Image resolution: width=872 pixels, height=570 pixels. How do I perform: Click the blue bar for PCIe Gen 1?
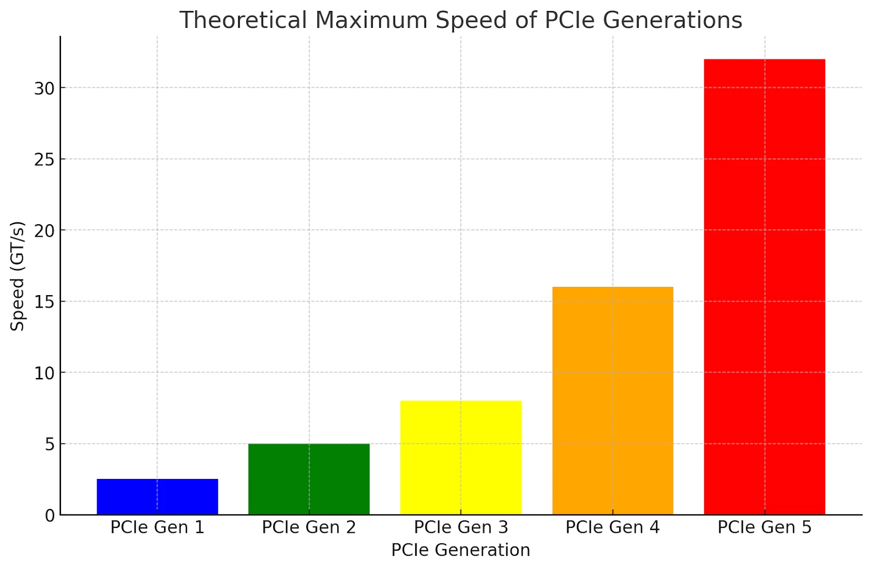pos(157,496)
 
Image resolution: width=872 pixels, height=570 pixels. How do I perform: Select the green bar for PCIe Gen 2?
pos(309,479)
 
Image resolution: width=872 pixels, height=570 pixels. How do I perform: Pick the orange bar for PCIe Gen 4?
pos(613,400)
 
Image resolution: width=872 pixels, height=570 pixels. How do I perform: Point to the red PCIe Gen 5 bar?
pos(764,286)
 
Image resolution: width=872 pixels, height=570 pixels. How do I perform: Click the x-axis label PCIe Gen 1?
pos(157,527)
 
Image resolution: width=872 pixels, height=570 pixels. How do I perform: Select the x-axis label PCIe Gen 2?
pos(309,527)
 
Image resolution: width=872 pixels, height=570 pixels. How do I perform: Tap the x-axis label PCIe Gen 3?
pos(461,527)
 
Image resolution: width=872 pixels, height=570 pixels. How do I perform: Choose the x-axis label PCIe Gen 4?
pos(613,527)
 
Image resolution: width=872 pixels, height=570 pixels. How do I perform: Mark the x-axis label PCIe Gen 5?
pos(764,527)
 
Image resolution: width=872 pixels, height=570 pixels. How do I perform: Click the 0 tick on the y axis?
pos(50,515)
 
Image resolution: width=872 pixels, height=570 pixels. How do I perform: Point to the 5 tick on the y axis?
pos(50,445)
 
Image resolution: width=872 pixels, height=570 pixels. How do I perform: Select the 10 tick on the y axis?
pos(45,373)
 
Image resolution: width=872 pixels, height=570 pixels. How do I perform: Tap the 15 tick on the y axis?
pos(45,302)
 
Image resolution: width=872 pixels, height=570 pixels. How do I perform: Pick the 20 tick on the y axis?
pos(45,231)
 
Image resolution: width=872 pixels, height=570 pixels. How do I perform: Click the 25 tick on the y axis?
pos(45,159)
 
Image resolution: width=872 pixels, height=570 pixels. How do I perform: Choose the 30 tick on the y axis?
pos(45,88)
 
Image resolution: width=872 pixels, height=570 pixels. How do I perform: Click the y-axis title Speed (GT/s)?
pos(17,276)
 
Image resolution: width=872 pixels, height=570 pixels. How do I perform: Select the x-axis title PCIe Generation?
pos(461,550)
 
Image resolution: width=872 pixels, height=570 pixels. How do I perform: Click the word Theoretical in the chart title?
pos(244,21)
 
